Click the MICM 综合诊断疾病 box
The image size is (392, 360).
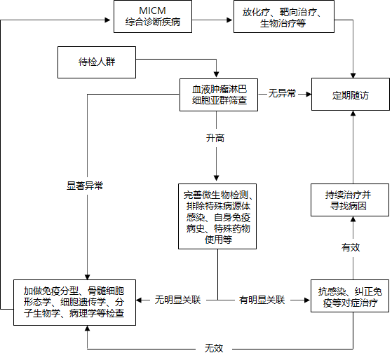pyautogui.click(x=153, y=17)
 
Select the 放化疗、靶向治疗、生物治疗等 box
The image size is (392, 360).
pyautogui.click(x=284, y=17)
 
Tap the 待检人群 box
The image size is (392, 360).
pyautogui.click(x=97, y=62)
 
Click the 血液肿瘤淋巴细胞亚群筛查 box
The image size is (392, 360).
pyautogui.click(x=219, y=95)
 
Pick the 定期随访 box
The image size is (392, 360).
pyautogui.click(x=351, y=94)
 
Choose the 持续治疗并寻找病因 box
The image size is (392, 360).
pyautogui.click(x=350, y=200)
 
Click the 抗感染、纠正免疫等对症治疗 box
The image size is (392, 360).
pyautogui.click(x=350, y=296)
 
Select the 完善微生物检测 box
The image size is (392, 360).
pyautogui.click(x=217, y=216)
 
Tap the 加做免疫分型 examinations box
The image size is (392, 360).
pyautogui.click(x=74, y=303)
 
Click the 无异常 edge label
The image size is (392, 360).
pyautogui.click(x=282, y=94)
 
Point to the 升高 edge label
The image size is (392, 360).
pyautogui.click(x=215, y=138)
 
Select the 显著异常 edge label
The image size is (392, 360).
pyautogui.click(x=85, y=186)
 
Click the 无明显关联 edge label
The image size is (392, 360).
pyautogui.click(x=177, y=300)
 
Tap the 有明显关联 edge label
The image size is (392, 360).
pyautogui.click(x=262, y=300)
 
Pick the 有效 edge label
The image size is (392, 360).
pyautogui.click(x=351, y=247)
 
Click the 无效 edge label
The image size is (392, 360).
pyautogui.click(x=214, y=348)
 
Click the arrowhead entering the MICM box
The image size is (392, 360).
pyautogui.click(x=108, y=20)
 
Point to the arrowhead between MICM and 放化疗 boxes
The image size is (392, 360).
pyautogui.click(x=229, y=20)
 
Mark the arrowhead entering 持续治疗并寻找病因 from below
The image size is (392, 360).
pyautogui.click(x=353, y=219)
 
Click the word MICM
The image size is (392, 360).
pyautogui.click(x=152, y=11)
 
